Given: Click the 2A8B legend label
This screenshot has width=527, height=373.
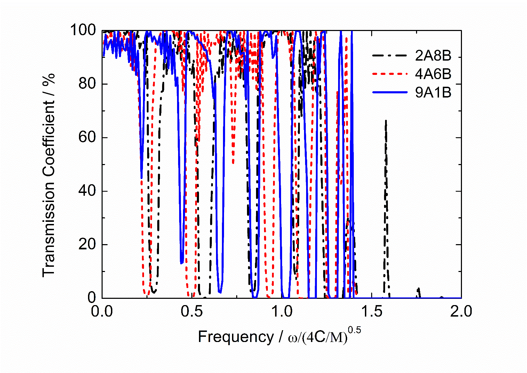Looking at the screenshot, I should [x=433, y=56].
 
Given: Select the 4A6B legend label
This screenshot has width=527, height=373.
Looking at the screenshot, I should [x=433, y=74].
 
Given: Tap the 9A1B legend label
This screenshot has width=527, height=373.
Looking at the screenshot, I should [x=433, y=93].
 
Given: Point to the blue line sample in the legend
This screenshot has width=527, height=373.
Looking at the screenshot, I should [x=390, y=93].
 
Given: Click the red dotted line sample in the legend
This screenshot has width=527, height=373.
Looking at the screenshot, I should [x=390, y=74].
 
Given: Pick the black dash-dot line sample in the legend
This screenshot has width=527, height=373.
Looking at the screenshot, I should [x=390, y=56].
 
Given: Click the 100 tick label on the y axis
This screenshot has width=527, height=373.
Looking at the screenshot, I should [x=83, y=30].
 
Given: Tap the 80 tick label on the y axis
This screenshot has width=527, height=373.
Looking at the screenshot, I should [x=87, y=84].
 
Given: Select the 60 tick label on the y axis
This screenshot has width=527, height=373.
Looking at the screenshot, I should [x=87, y=138].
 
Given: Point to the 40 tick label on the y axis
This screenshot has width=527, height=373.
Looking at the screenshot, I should [x=87, y=191].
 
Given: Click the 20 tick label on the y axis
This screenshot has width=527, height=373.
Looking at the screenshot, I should [x=87, y=244].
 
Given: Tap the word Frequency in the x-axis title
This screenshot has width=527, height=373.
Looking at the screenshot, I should [x=236, y=337].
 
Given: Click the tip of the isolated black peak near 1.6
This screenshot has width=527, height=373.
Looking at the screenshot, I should [x=385, y=121].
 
